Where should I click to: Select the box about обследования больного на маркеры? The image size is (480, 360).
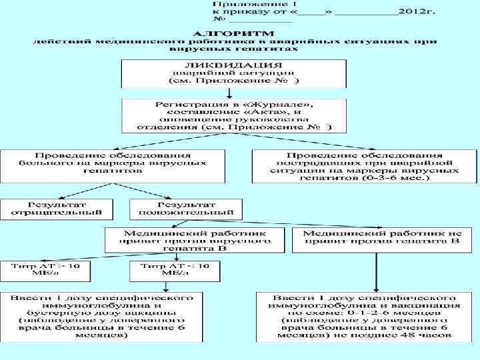click(113, 163)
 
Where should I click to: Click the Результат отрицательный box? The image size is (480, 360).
click(56, 209)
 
